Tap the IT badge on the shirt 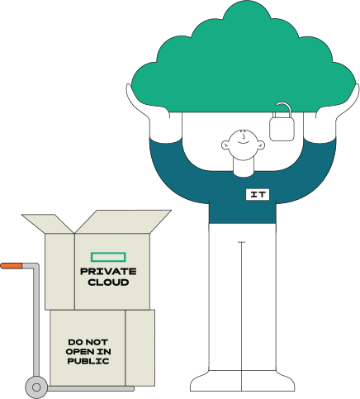[258, 194]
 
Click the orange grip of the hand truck [12, 266]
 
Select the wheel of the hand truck [36, 387]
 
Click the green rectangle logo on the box [108, 257]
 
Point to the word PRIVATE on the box [108, 272]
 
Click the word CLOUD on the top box [108, 283]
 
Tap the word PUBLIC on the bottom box [88, 361]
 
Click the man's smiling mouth [243, 142]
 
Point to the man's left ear [260, 145]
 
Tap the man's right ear [225, 145]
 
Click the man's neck [243, 167]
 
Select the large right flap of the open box [122, 221]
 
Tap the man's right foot [216, 381]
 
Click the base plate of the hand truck [90, 388]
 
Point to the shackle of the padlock [283, 110]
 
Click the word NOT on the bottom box [97, 342]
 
